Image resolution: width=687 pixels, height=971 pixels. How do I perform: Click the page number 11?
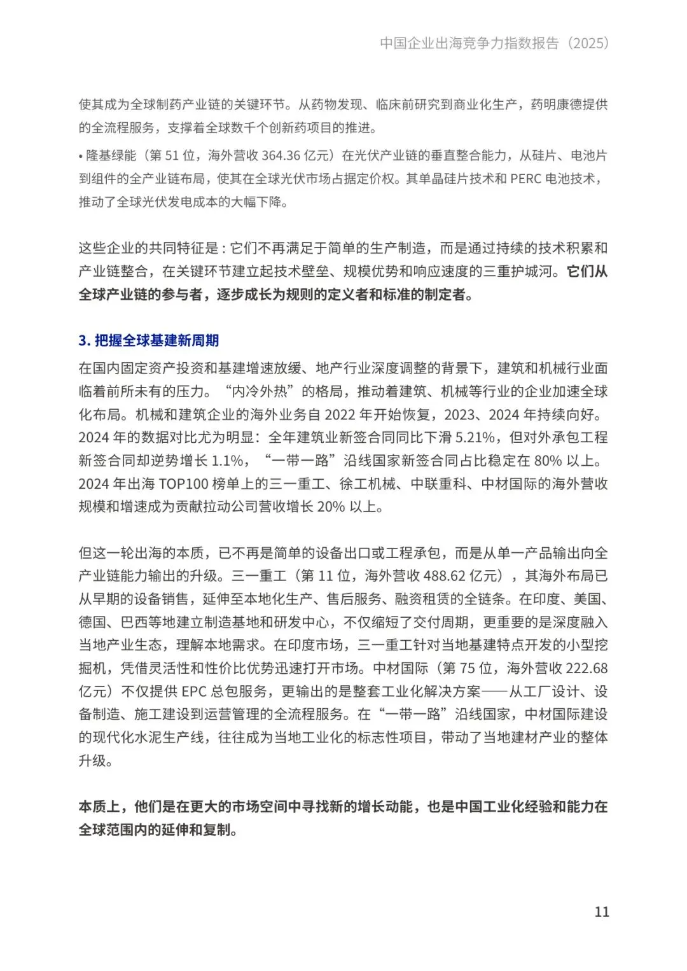(x=601, y=911)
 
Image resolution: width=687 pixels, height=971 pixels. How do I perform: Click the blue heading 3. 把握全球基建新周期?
(x=149, y=340)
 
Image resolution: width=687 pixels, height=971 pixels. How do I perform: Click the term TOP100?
(x=184, y=484)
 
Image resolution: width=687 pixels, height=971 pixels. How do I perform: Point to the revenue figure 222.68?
(x=586, y=668)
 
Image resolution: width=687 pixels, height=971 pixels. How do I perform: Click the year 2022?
(x=340, y=414)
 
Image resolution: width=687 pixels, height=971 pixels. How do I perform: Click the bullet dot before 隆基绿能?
(x=81, y=156)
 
